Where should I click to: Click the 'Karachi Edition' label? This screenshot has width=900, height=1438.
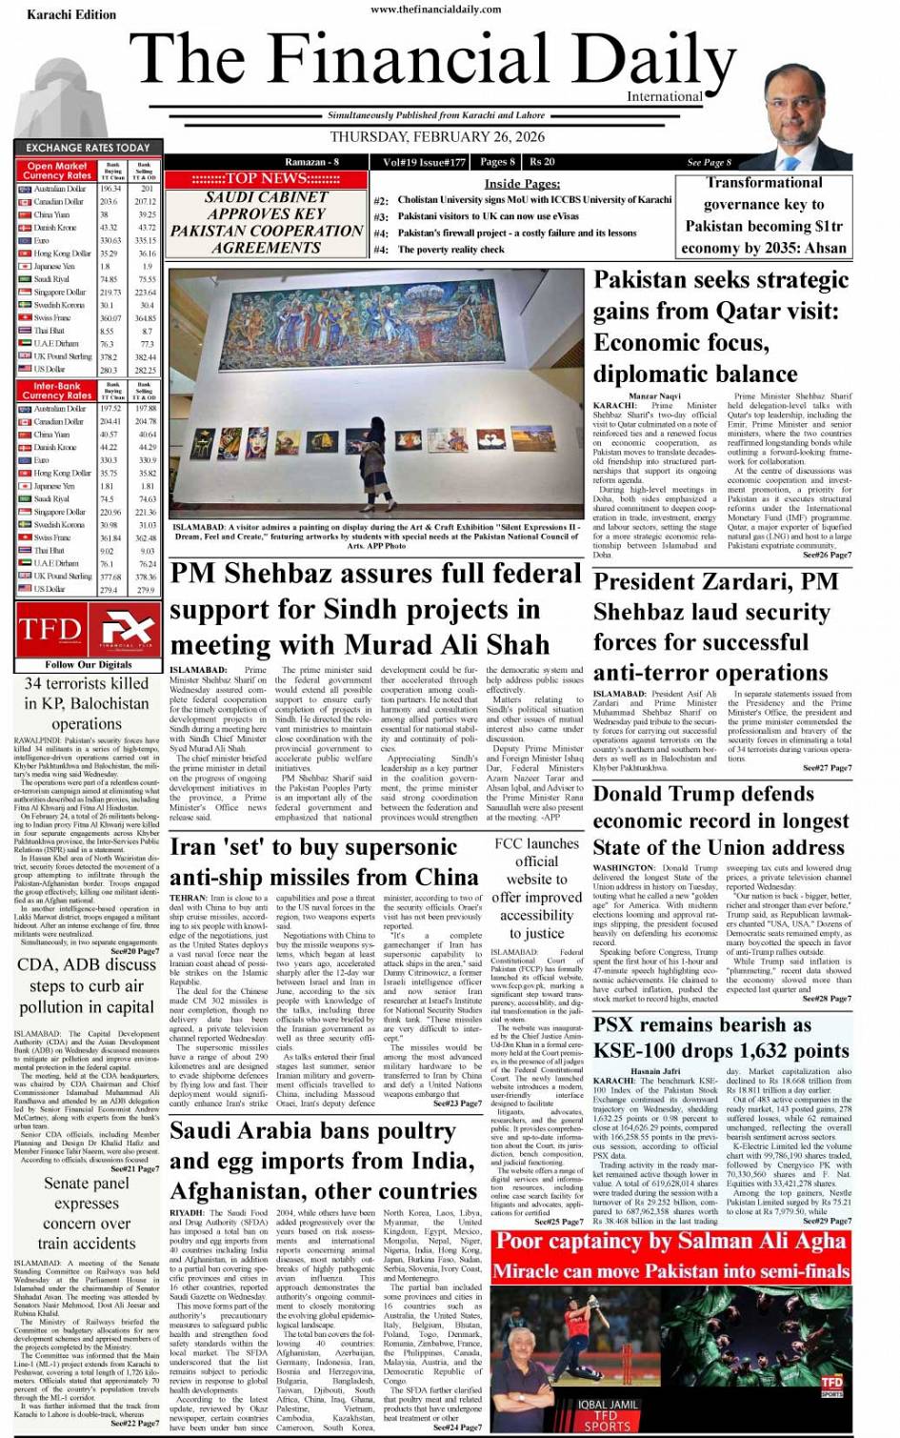[x=71, y=15]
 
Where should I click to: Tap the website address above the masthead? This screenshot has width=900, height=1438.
[x=437, y=10]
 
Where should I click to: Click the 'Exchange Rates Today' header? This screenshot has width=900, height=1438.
[x=88, y=148]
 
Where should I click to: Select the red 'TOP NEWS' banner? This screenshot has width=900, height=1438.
[x=266, y=178]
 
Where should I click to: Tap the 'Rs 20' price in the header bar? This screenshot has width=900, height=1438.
[x=543, y=161]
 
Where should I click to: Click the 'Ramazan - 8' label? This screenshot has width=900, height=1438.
[x=312, y=161]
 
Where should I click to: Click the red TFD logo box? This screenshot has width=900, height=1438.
[x=49, y=629]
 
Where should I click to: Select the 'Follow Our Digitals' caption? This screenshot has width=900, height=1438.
[x=88, y=664]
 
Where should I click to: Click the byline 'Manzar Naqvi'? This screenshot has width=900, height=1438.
[x=654, y=395]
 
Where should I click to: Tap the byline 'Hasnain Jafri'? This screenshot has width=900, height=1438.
[x=655, y=1071]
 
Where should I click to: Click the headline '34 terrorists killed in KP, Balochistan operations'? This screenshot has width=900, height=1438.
[x=87, y=703]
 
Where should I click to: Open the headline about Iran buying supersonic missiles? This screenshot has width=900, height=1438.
[x=324, y=862]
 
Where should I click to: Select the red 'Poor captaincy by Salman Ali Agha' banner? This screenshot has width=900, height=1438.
[x=670, y=1241]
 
